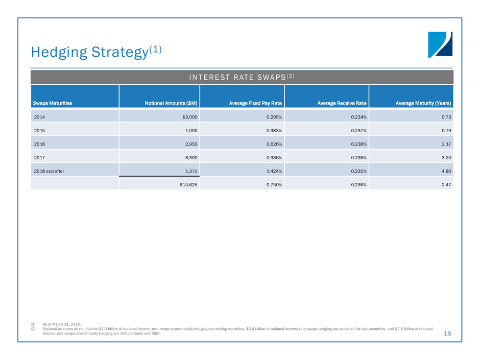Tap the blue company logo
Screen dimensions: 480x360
tap(440, 45)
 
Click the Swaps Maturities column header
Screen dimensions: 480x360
tap(53, 103)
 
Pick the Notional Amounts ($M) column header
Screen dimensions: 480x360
tap(171, 103)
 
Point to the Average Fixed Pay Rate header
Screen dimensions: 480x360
tap(255, 103)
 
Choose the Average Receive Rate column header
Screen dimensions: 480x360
tap(342, 103)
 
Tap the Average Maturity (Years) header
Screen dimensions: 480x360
tap(423, 103)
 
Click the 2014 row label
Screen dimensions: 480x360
tap(39, 117)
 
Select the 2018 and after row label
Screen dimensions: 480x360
tap(49, 171)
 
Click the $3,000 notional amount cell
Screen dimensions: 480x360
tap(190, 117)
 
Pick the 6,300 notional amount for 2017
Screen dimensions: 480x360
tap(191, 158)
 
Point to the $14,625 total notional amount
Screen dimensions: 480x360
tap(188, 184)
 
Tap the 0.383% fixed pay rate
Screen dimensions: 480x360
tap(274, 130)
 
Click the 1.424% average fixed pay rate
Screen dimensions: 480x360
tap(274, 171)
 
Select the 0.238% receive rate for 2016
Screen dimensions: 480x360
tap(359, 144)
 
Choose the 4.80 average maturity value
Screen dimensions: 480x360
tap(446, 171)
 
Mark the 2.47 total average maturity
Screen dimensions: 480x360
tap(446, 184)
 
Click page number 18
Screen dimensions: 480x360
tap(447, 333)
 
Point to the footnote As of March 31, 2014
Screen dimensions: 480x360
tap(62, 324)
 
